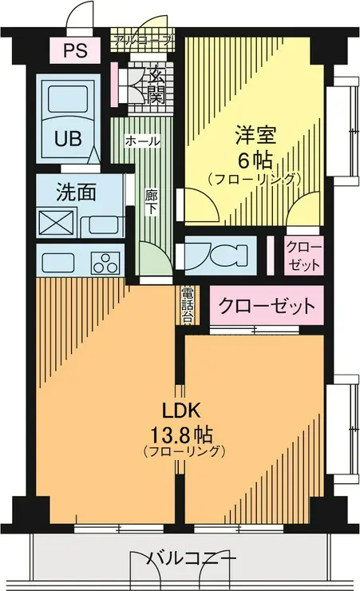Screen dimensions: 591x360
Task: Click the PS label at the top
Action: click(76, 50)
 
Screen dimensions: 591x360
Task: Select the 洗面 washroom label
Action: click(77, 192)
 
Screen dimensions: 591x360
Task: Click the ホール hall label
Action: click(143, 141)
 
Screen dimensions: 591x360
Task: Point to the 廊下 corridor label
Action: click(151, 200)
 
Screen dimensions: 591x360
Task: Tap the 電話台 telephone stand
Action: click(188, 304)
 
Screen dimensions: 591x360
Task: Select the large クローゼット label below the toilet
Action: click(267, 306)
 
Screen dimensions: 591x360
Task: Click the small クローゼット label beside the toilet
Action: click(303, 255)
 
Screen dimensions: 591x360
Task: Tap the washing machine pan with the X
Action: click(57, 222)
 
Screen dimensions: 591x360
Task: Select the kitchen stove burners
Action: click(104, 262)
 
